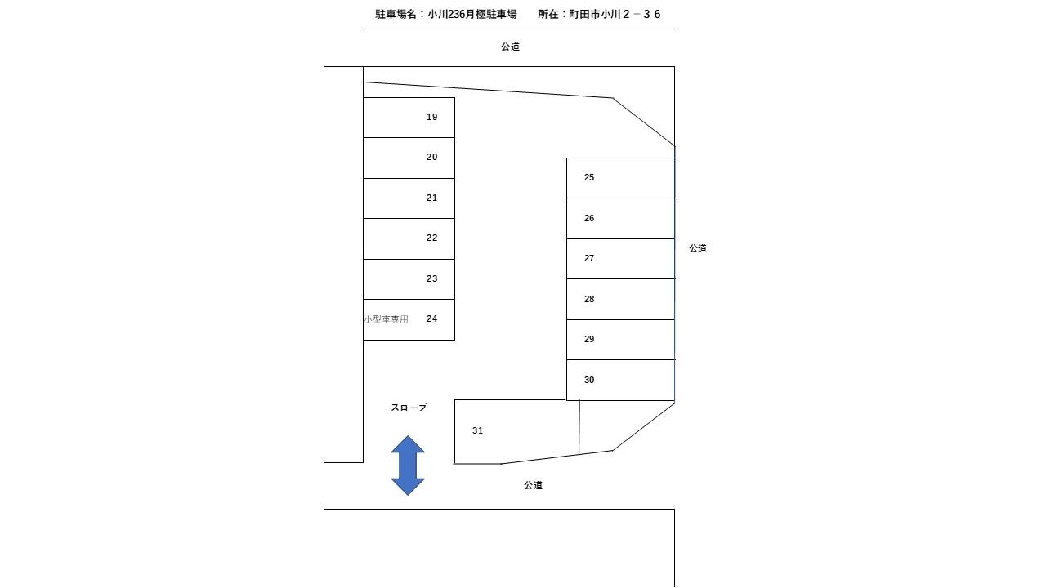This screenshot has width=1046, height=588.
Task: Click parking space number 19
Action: click(409, 118)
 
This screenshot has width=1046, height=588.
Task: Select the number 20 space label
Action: click(432, 158)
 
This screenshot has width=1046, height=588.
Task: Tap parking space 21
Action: click(409, 198)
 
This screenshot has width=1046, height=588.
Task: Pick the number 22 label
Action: click(432, 238)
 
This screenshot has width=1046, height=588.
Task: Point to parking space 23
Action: click(409, 279)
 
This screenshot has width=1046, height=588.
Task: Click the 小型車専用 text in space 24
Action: click(387, 319)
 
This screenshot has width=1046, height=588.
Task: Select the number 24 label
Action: click(432, 318)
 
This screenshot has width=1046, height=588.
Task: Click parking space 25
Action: click(620, 178)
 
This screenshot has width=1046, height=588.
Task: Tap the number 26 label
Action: click(589, 218)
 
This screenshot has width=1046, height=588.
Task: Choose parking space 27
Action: click(620, 259)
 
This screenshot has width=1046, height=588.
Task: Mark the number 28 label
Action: click(589, 299)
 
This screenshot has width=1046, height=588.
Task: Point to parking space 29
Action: click(620, 340)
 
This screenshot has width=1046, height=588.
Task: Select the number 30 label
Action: click(589, 380)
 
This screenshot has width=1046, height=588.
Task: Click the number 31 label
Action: click(478, 430)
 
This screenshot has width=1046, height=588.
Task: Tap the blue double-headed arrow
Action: click(408, 465)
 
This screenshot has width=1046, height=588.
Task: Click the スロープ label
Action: click(409, 408)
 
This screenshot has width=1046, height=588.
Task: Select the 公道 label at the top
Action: click(511, 47)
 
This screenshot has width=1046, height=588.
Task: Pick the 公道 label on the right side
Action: click(698, 249)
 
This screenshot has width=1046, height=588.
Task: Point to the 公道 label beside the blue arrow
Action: click(534, 485)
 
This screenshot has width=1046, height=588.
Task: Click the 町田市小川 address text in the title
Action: click(594, 15)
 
